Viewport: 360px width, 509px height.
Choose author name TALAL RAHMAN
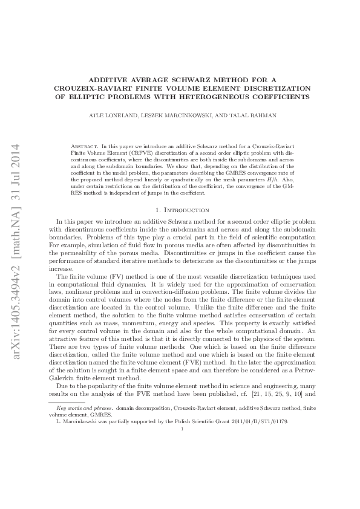(x=254, y=114)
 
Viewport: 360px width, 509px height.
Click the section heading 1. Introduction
(x=180, y=209)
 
